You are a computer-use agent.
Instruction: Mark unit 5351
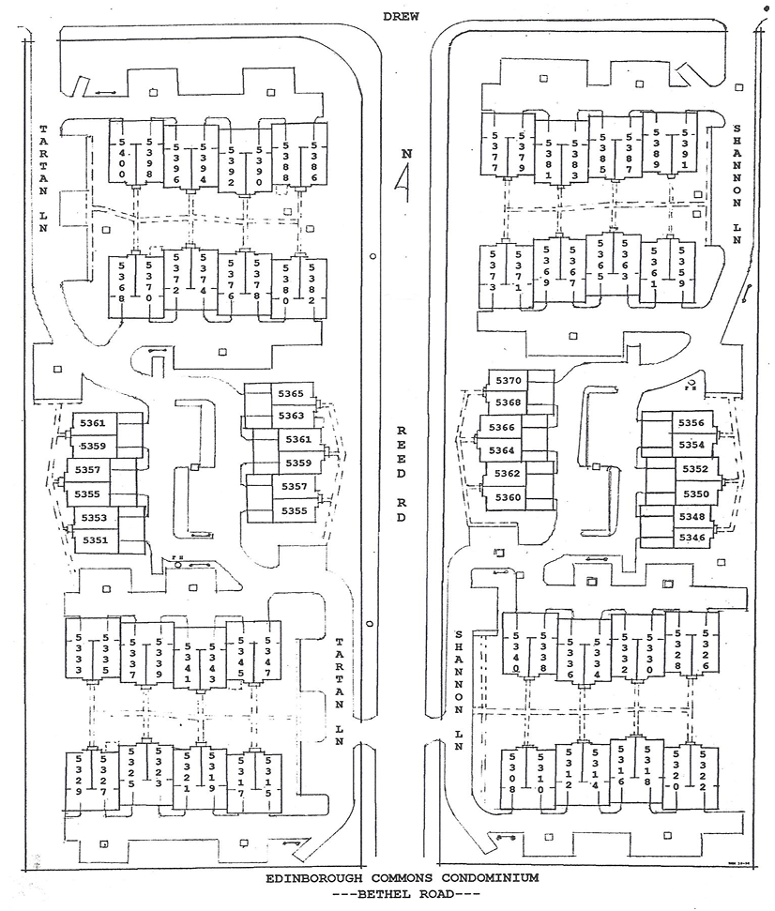point(94,540)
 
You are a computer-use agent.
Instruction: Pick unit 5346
point(691,537)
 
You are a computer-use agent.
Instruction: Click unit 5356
point(691,423)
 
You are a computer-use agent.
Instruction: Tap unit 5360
point(508,497)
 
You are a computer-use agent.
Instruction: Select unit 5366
point(502,428)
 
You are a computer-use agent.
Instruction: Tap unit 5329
point(78,776)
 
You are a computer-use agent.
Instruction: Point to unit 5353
point(94,518)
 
